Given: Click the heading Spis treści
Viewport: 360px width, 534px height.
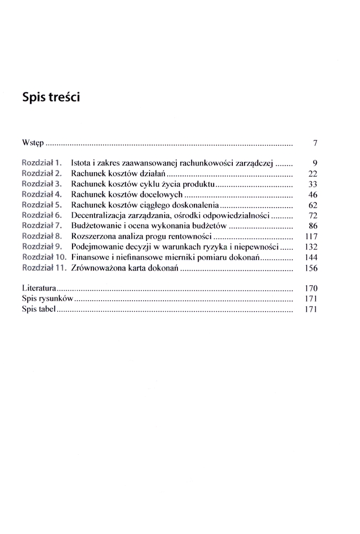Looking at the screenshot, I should pos(51,98).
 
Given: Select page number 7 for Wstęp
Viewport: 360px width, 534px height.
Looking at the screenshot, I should pos(315,144).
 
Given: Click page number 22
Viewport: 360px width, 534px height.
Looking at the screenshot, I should pos(314,174).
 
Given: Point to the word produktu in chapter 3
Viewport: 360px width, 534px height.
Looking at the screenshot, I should pos(198,184).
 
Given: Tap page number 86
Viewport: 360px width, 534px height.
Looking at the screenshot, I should pos(314,226).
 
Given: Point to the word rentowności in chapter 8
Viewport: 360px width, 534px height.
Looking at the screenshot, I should pos(190,236).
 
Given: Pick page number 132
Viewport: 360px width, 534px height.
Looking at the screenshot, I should pos(311,247).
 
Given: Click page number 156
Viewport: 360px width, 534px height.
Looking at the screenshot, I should pos(311,268).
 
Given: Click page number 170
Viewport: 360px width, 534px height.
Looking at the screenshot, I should pos(311,288).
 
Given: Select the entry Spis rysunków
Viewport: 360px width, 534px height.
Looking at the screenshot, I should pos(48,299).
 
